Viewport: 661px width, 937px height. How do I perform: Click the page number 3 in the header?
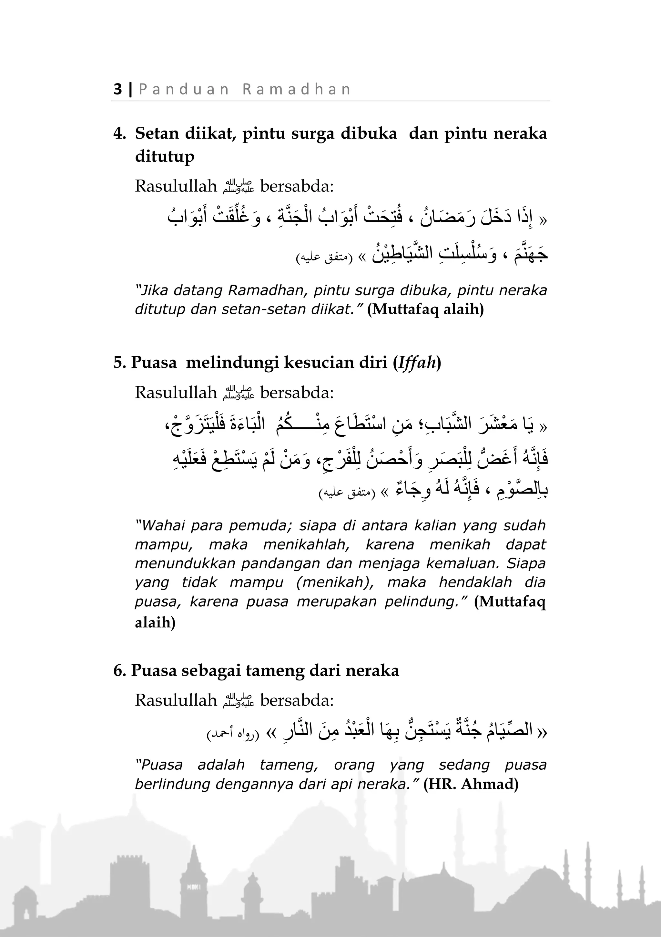pos(118,89)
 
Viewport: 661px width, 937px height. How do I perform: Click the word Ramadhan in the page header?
pos(297,89)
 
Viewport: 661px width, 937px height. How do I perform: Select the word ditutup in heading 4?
pos(164,156)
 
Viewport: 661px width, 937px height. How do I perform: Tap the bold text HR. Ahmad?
pos(471,784)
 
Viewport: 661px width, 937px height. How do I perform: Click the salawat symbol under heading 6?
pos(239,701)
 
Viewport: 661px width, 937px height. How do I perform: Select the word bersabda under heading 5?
pos(297,393)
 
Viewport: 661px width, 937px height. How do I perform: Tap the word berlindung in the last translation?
pos(172,784)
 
